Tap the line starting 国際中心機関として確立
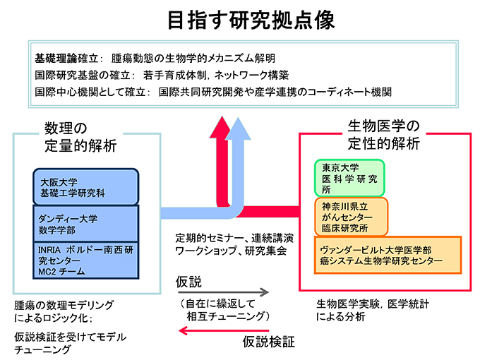[x=212, y=92]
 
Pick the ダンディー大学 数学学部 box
[x=85, y=222]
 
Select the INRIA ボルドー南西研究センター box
[x=85, y=259]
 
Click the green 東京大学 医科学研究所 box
[x=349, y=178]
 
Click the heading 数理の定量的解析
[x=76, y=136]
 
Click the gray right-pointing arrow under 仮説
[x=222, y=291]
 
